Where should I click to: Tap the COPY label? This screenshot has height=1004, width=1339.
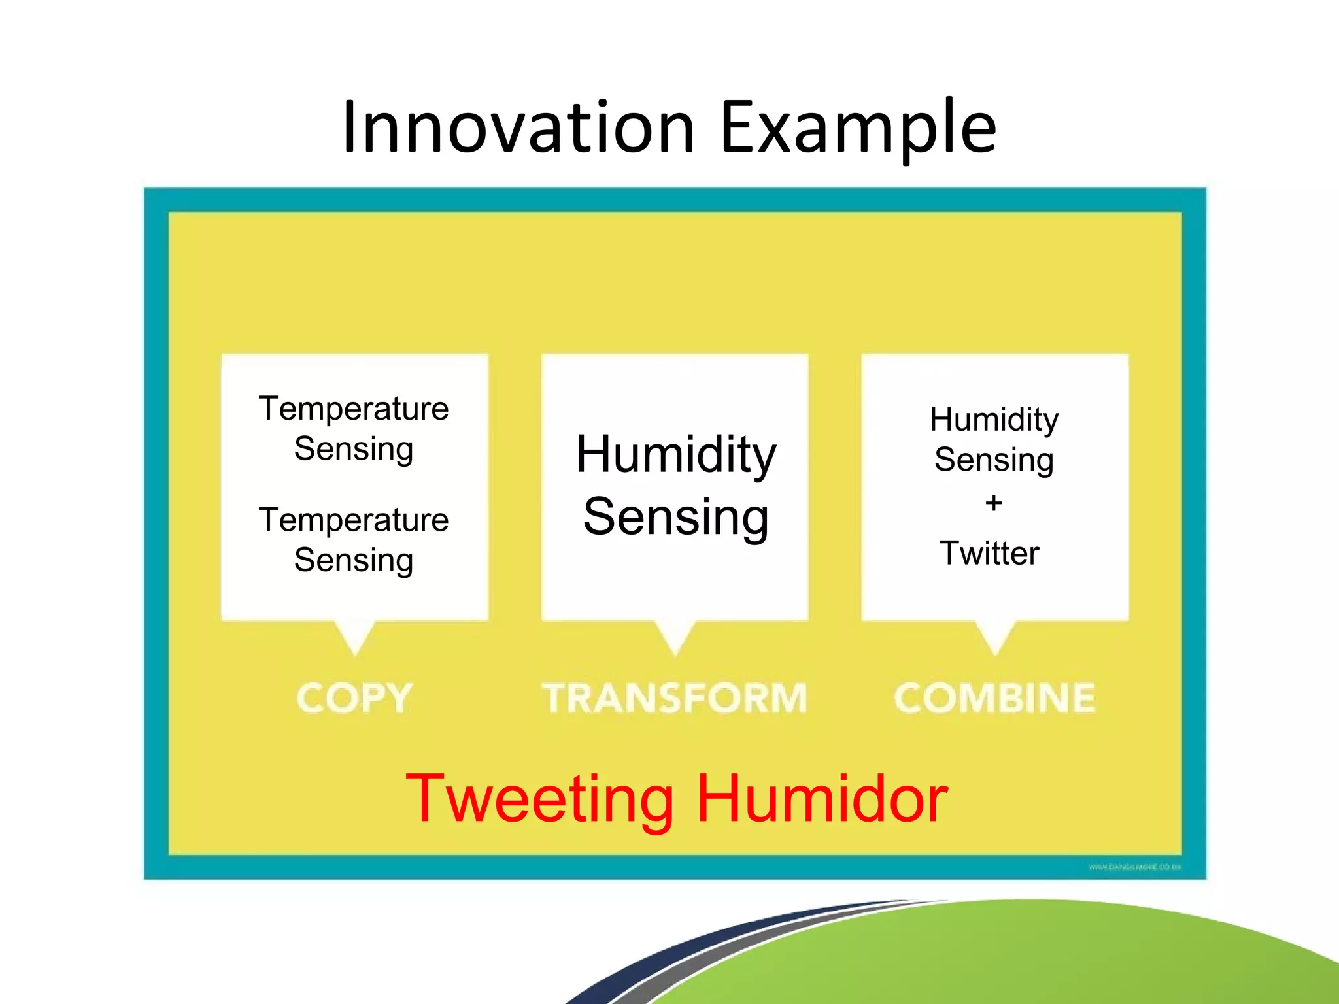354,698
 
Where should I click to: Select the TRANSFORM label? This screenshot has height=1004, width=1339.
675,698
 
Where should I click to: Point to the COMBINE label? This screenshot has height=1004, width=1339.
994,698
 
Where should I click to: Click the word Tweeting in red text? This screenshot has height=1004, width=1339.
539,799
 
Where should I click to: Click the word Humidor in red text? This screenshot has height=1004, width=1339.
822,799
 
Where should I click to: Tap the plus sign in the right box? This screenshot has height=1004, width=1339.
994,503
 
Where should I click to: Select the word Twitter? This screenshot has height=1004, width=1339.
989,553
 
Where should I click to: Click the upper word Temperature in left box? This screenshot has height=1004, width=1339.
354,409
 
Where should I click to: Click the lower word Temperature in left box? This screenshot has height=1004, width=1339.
354,520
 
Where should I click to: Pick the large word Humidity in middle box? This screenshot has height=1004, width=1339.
675,455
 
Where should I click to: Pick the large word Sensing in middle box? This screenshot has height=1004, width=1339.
675,517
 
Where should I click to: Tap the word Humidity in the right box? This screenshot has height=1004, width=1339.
994,420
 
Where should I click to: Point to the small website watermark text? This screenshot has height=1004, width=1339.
1134,867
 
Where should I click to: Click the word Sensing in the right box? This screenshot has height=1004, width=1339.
994,460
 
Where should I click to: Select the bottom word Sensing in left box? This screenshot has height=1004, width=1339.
354,561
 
